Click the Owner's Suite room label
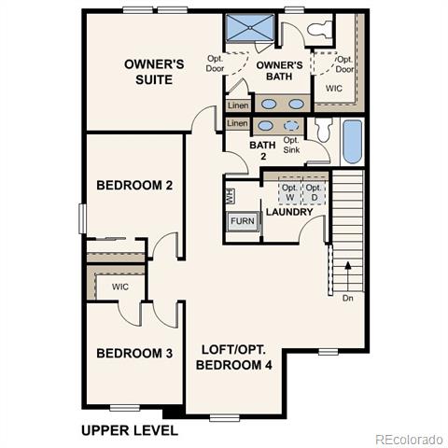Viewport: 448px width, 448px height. point(154,72)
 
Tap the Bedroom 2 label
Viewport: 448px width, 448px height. point(134,185)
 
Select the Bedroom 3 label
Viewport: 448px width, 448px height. point(134,353)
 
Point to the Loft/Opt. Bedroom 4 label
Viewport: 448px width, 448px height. point(234,357)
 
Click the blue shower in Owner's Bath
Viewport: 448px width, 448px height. point(250,28)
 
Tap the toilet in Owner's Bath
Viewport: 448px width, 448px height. point(319,30)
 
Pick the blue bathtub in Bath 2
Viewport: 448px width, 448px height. point(353,142)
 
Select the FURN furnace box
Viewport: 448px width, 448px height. point(243,221)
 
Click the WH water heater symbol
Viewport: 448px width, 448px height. point(231,196)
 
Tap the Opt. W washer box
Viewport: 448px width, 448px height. point(289,192)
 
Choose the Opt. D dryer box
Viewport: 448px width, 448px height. point(314,192)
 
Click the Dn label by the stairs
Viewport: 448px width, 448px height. point(348,298)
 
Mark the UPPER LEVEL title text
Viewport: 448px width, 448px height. point(130,430)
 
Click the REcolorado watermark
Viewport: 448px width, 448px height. point(410,440)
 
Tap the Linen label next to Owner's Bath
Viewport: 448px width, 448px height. point(238,105)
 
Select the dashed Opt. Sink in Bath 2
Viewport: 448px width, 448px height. point(291,126)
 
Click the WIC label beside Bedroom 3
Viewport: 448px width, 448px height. point(120,287)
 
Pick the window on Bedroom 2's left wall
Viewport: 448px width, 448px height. point(82,218)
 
